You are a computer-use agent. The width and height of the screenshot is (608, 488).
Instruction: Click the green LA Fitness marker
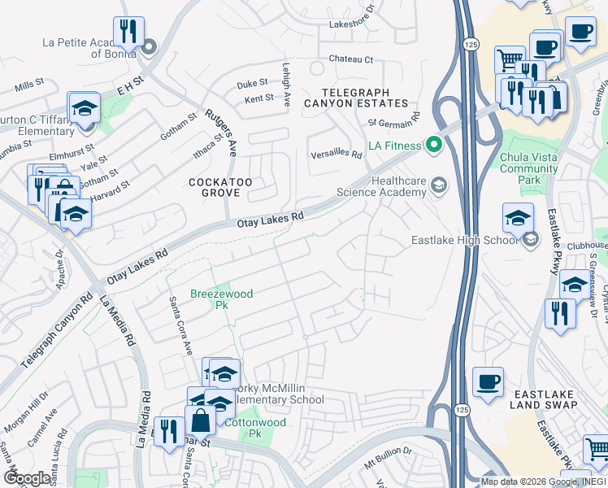pos(433,146)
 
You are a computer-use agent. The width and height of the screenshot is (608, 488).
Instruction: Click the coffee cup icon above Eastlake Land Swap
pos(488,381)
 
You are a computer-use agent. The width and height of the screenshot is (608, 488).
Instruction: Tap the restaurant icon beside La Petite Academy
pos(128,32)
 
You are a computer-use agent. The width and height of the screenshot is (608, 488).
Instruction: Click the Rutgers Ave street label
pos(220,131)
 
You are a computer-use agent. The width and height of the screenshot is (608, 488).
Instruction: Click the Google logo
pos(28,477)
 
